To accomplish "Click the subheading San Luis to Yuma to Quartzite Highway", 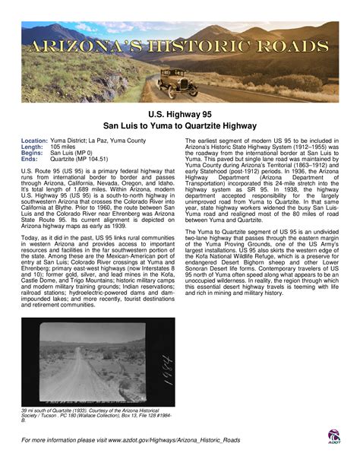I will [x=180, y=125].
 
